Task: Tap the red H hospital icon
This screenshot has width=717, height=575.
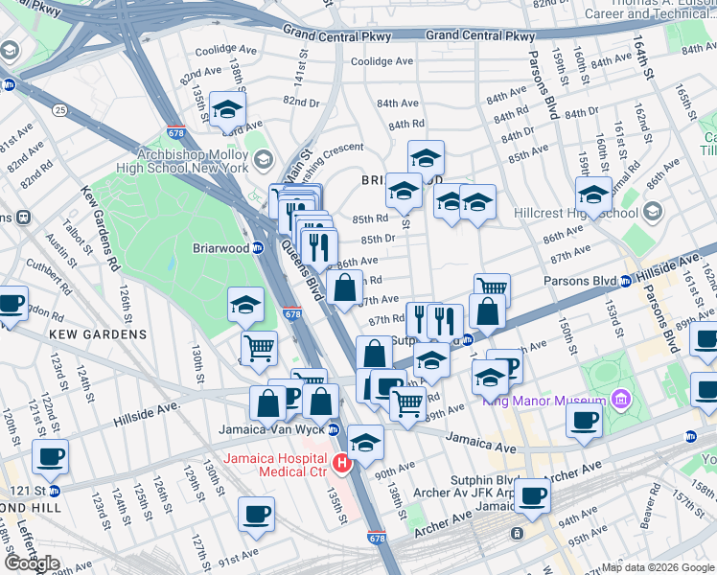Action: [x=341, y=465]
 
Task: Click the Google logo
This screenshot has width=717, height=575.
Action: [x=31, y=563]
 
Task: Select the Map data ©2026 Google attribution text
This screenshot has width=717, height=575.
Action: [x=658, y=567]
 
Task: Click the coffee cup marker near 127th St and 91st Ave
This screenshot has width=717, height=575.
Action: [x=256, y=514]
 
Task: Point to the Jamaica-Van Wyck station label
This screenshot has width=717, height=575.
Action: [x=272, y=428]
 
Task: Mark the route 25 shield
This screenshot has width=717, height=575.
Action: [x=60, y=111]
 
